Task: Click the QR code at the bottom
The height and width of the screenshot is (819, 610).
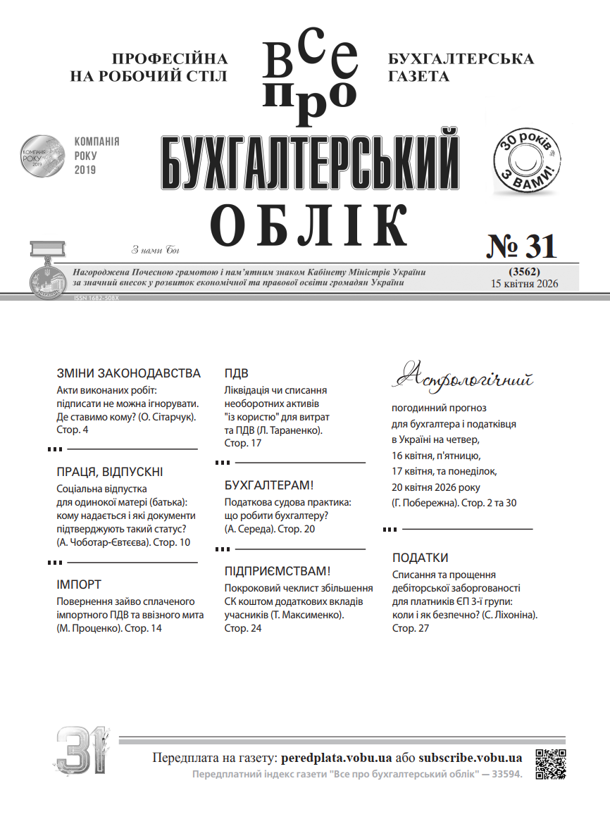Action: pyautogui.click(x=551, y=764)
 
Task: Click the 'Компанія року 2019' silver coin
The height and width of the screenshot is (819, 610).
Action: pyautogui.click(x=42, y=156)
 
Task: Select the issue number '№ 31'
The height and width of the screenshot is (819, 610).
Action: pyautogui.click(x=521, y=246)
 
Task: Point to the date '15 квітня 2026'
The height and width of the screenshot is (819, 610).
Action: pyautogui.click(x=525, y=284)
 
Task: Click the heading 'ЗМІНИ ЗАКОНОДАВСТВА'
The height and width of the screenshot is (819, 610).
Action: pyautogui.click(x=128, y=373)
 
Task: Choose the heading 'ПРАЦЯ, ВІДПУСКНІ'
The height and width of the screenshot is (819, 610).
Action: pyautogui.click(x=109, y=472)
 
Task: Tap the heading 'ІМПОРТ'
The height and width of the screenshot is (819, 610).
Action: pyautogui.click(x=79, y=584)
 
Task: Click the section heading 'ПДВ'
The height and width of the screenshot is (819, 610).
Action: pyautogui.click(x=236, y=373)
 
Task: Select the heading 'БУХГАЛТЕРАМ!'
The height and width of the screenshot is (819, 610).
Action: pyautogui.click(x=268, y=485)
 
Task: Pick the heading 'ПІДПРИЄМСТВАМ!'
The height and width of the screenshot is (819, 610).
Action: pyautogui.click(x=278, y=570)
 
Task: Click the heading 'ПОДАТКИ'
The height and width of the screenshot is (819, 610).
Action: pyautogui.click(x=421, y=558)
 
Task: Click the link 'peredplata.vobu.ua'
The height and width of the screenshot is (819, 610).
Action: pyautogui.click(x=336, y=758)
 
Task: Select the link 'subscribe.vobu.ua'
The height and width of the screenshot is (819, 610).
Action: pyautogui.click(x=470, y=758)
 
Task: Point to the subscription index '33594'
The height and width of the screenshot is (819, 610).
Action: pyautogui.click(x=504, y=774)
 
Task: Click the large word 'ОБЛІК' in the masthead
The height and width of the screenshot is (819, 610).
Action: pyautogui.click(x=310, y=223)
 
